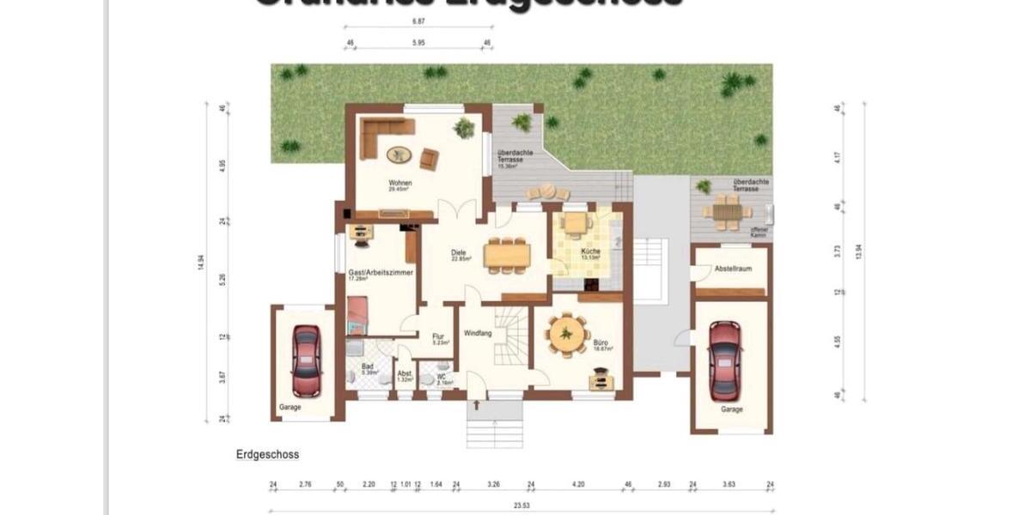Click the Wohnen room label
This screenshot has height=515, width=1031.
coord(400,183)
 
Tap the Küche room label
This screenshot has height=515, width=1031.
coord(590,251)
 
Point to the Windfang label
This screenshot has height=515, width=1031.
coord(478,333)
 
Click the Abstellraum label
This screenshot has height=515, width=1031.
coord(732,269)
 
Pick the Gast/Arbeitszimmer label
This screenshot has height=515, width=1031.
coord(381,272)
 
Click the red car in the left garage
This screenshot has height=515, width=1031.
coord(306,360)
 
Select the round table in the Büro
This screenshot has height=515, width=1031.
coord(567,334)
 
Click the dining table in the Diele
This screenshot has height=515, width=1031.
coord(506,255)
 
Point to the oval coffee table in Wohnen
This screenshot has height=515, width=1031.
coord(399,154)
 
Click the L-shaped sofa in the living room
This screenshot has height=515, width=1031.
coord(378,133)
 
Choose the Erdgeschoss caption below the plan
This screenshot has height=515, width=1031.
coord(266,455)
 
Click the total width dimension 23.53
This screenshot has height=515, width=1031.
coord(522,506)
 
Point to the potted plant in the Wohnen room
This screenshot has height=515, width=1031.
coord(464,128)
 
